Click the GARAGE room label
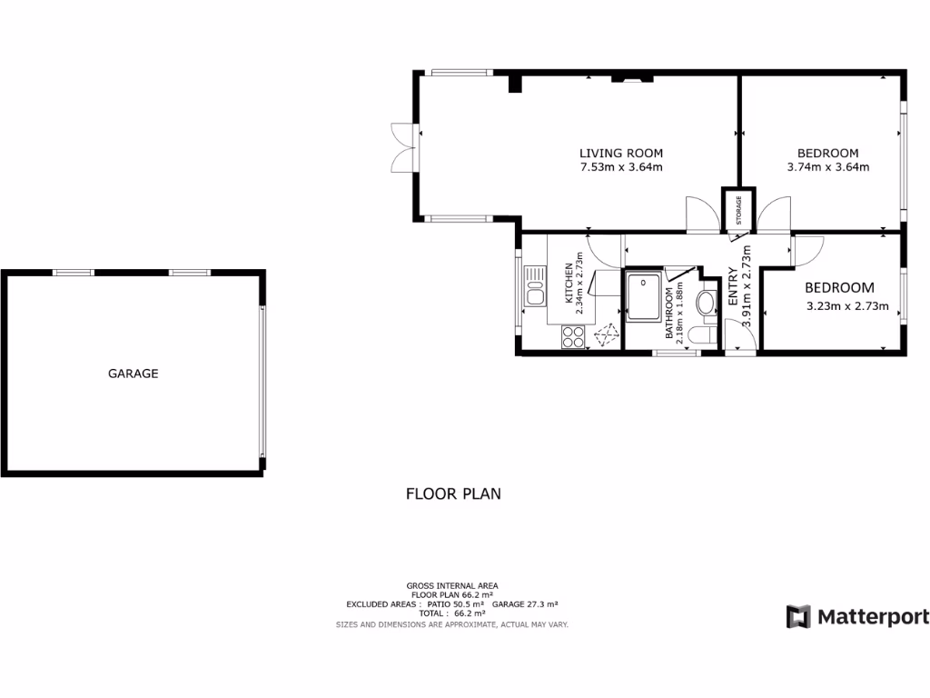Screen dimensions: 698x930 (x=134, y=374)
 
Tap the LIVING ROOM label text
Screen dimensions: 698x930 (x=621, y=153)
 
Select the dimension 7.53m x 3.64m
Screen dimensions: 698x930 (x=621, y=167)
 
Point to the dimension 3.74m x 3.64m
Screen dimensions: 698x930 (x=827, y=167)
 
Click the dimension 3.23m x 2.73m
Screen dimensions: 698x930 (x=846, y=306)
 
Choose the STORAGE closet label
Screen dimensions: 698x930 (x=738, y=210)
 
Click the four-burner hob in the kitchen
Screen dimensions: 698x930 (x=573, y=337)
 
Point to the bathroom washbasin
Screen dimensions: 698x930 (x=706, y=303)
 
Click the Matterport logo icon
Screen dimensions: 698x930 (x=798, y=616)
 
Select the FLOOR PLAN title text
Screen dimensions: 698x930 (x=453, y=494)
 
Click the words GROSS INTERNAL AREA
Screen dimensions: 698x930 (x=452, y=586)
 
